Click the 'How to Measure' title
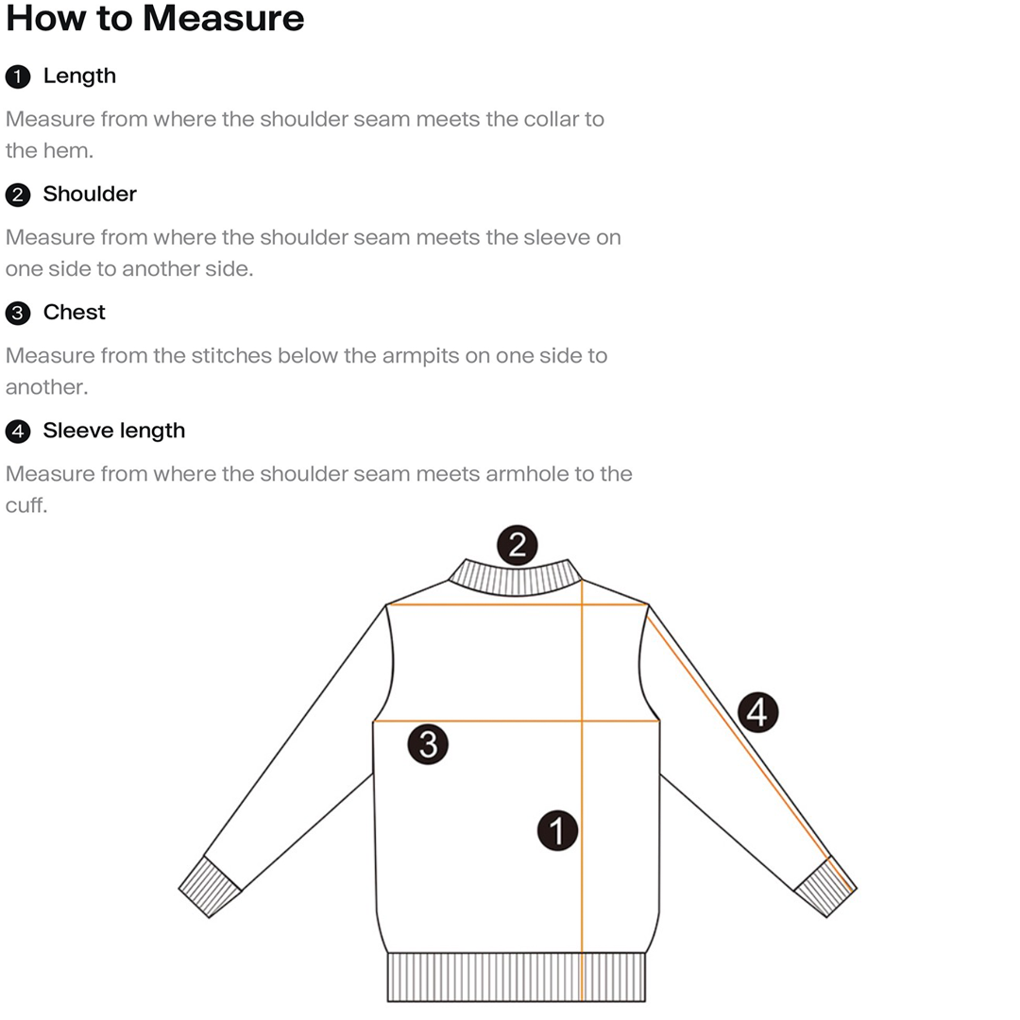coord(155,19)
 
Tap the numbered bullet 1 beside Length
coord(18,76)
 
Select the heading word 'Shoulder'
coord(90,194)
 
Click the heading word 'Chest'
coord(74,312)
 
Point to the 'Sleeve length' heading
coord(113,431)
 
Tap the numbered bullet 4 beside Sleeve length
coord(18,432)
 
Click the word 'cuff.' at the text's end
coord(25,505)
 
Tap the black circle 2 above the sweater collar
coord(517,545)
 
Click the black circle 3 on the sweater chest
coord(428,744)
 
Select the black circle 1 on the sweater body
coord(557,830)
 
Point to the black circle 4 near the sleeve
coord(756,711)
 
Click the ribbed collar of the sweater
coord(515,578)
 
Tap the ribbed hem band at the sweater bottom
coord(516,977)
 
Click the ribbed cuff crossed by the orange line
coord(824,887)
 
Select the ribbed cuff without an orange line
coord(210,887)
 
